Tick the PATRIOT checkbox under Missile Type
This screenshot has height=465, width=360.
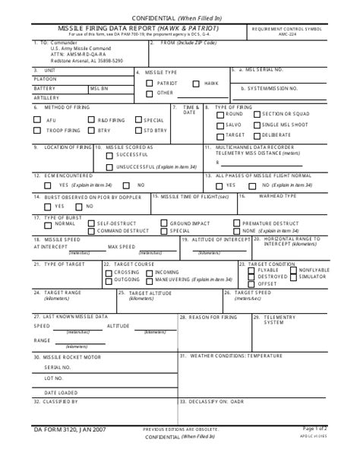[150, 82]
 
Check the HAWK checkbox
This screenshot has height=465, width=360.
[197, 82]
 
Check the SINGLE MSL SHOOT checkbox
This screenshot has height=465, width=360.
[256, 124]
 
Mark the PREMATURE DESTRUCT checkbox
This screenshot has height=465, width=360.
[237, 223]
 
